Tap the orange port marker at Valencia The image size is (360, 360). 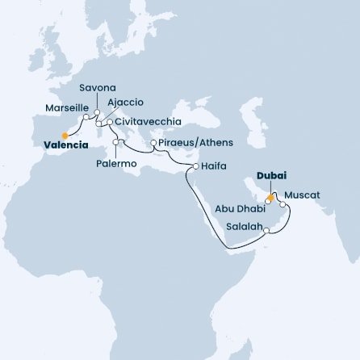(65, 135)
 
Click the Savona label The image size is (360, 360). (97, 87)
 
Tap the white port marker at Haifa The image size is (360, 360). (195, 166)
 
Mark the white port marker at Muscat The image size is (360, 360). (282, 204)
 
